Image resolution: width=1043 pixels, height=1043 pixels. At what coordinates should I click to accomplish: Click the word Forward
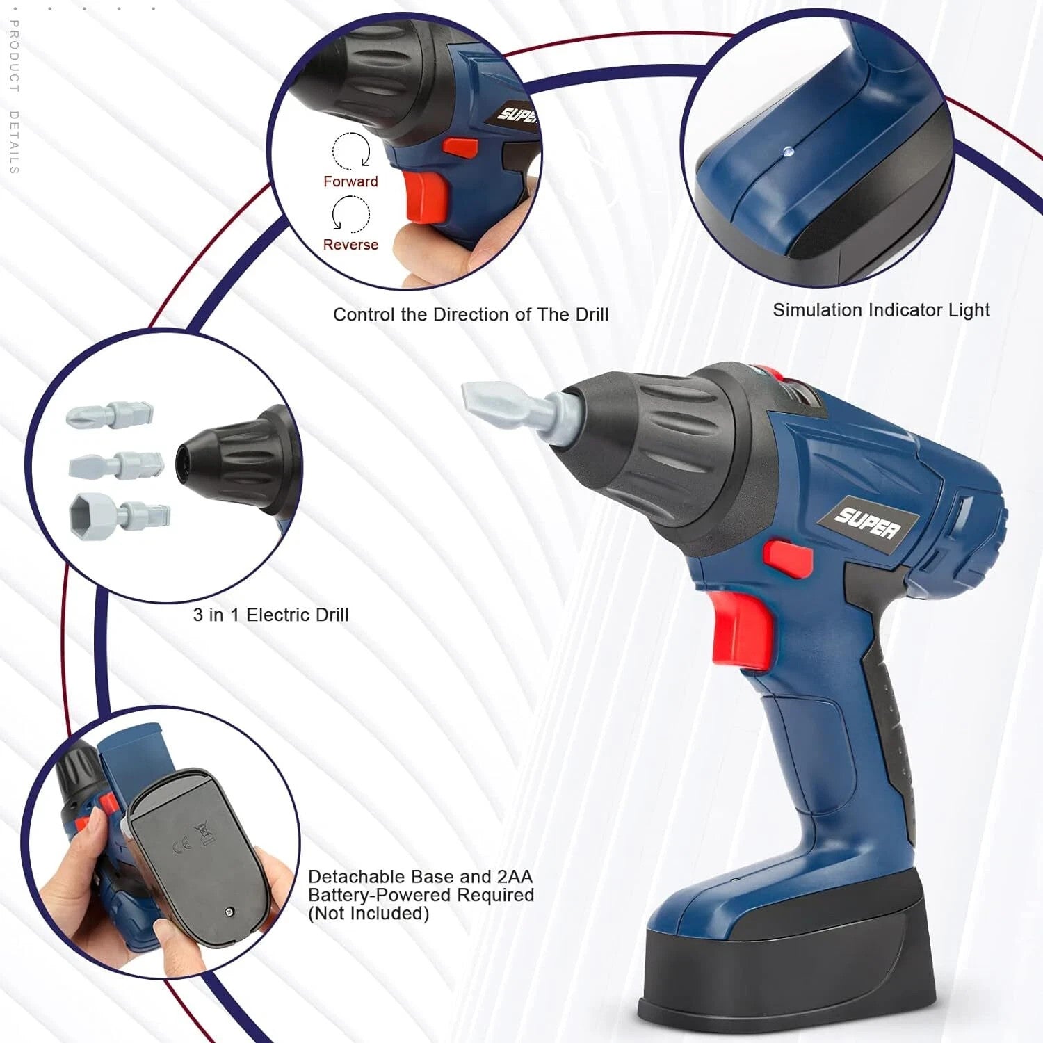coord(350,181)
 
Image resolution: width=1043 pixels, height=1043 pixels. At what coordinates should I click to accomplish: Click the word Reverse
coord(350,245)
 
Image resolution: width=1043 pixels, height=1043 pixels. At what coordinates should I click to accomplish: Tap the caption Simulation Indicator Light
coord(881,310)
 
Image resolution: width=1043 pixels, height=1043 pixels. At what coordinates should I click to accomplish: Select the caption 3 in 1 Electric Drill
coord(270,615)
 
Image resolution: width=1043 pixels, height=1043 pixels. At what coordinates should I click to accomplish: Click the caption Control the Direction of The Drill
coord(471,314)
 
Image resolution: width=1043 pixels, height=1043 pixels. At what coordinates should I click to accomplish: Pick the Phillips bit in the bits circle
coord(110,415)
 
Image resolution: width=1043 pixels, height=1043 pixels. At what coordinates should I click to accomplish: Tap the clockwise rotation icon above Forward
coord(351,150)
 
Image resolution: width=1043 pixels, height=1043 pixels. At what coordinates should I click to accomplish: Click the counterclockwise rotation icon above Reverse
coord(350,213)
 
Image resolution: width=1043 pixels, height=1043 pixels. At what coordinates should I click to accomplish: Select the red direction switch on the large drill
coord(789,559)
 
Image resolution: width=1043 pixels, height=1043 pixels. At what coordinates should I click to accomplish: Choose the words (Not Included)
coord(369,914)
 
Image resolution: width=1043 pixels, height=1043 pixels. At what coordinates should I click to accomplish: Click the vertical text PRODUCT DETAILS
coord(14,97)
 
